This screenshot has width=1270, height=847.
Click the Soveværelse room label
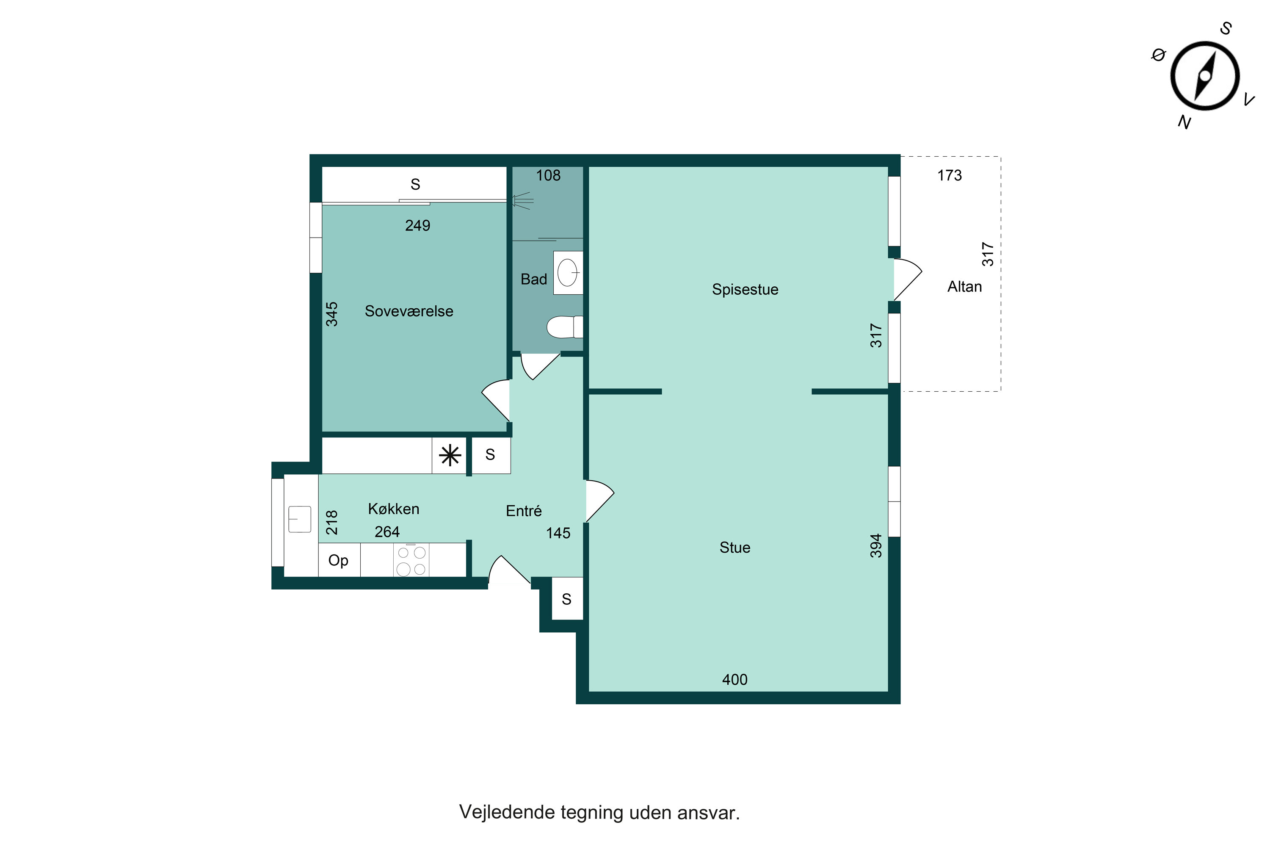409,311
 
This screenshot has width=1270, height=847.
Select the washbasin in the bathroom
568,273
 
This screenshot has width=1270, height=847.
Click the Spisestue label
745,290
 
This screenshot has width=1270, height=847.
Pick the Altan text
964,287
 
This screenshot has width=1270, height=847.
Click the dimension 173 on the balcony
949,176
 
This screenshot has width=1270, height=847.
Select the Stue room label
734,548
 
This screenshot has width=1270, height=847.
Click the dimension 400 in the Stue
734,680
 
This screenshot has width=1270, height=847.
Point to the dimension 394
876,545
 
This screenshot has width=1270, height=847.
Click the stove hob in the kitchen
411,561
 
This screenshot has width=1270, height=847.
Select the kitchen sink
300,519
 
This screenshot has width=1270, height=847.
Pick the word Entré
523,511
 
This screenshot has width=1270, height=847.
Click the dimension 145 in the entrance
558,533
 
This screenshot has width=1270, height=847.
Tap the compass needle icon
1205,76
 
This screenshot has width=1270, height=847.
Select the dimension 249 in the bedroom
417,226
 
